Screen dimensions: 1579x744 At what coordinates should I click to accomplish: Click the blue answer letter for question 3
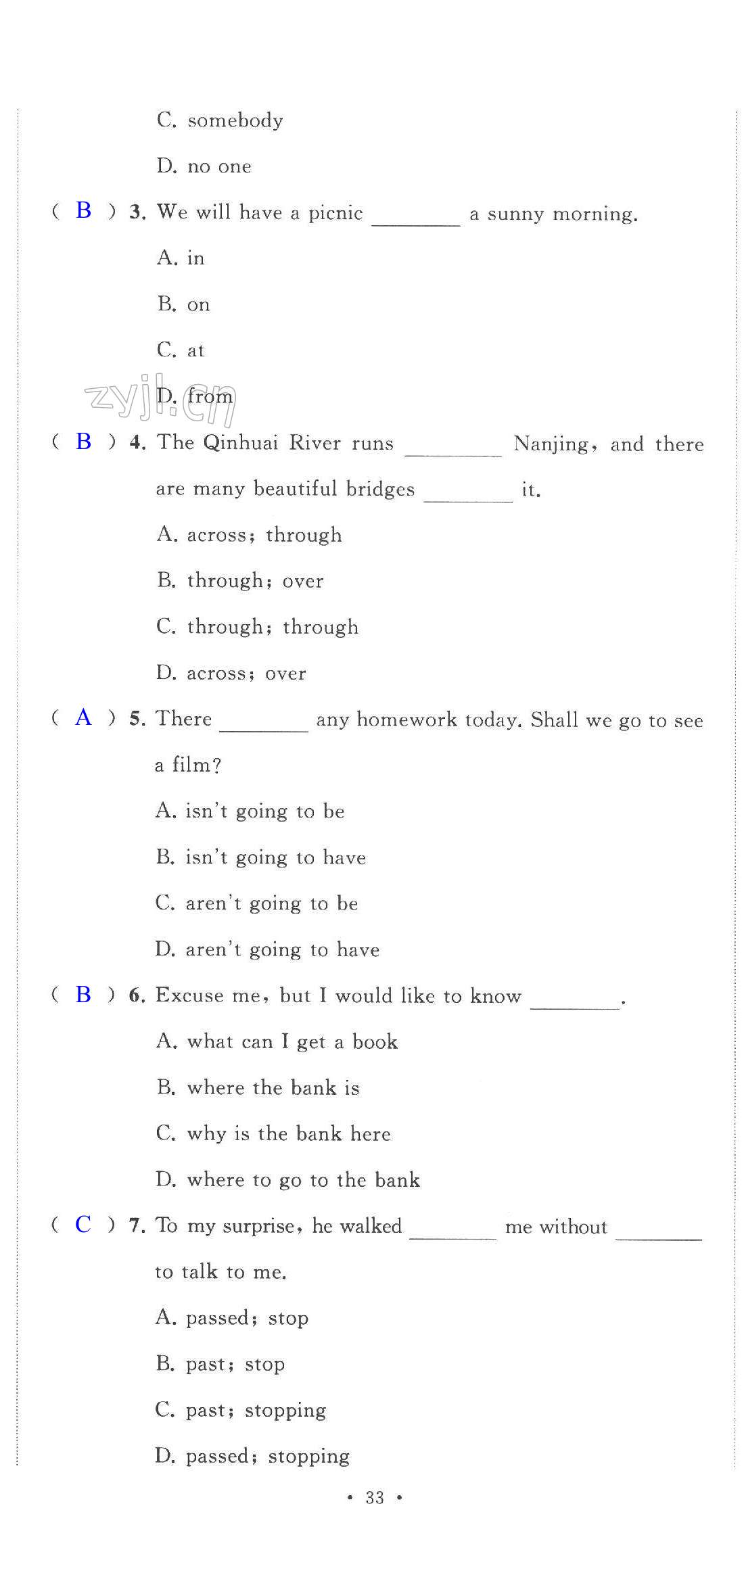84,210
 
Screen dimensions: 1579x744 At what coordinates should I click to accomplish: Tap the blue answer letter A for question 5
83,717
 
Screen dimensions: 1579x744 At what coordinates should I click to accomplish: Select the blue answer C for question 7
83,1224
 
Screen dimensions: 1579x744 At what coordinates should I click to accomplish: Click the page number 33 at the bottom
375,1497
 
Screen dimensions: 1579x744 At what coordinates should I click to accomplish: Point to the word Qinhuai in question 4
241,443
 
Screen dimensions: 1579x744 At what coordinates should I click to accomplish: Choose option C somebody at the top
220,120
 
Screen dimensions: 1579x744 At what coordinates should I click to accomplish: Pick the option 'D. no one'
204,166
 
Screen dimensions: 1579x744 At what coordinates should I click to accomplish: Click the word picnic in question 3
335,213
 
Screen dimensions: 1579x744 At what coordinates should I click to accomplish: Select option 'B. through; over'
240,581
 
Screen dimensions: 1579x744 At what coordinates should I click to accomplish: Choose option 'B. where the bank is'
258,1087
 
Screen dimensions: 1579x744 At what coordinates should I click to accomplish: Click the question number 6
137,996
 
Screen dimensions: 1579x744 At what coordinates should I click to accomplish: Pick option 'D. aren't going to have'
267,949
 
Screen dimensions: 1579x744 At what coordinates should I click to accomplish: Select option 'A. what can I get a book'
276,1041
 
